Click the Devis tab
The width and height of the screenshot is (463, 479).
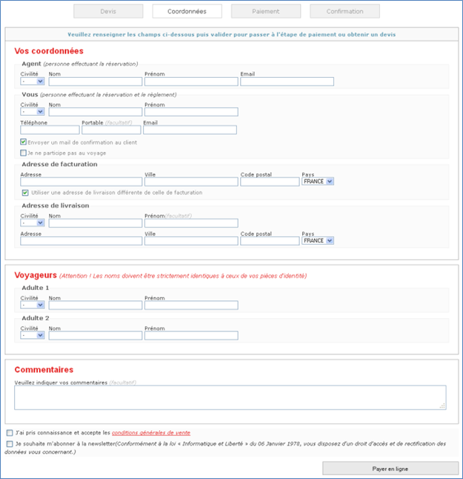click(108, 11)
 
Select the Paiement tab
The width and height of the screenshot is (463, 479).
click(266, 11)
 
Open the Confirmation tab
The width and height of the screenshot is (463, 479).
click(344, 11)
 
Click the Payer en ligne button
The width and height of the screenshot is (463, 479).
click(390, 469)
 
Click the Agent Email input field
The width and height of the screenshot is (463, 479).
click(287, 82)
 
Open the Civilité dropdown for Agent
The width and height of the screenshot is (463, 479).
click(33, 82)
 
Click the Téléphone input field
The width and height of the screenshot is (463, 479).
click(50, 130)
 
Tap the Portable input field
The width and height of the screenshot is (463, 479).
click(111, 130)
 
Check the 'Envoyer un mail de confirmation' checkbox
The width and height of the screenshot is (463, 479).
click(24, 142)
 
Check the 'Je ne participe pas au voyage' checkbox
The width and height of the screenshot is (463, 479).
click(24, 153)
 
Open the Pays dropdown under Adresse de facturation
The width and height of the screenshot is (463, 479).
click(319, 181)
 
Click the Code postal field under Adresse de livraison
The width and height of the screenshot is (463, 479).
click(270, 241)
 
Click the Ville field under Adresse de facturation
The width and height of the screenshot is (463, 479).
click(191, 182)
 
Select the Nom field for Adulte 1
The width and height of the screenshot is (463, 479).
click(95, 305)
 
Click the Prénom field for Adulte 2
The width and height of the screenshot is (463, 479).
click(191, 335)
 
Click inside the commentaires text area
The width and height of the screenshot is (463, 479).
click(230, 397)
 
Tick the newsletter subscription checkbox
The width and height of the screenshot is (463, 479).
click(9, 444)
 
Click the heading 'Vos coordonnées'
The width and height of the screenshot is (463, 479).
click(49, 51)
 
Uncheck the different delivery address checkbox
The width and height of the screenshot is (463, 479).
click(25, 193)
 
